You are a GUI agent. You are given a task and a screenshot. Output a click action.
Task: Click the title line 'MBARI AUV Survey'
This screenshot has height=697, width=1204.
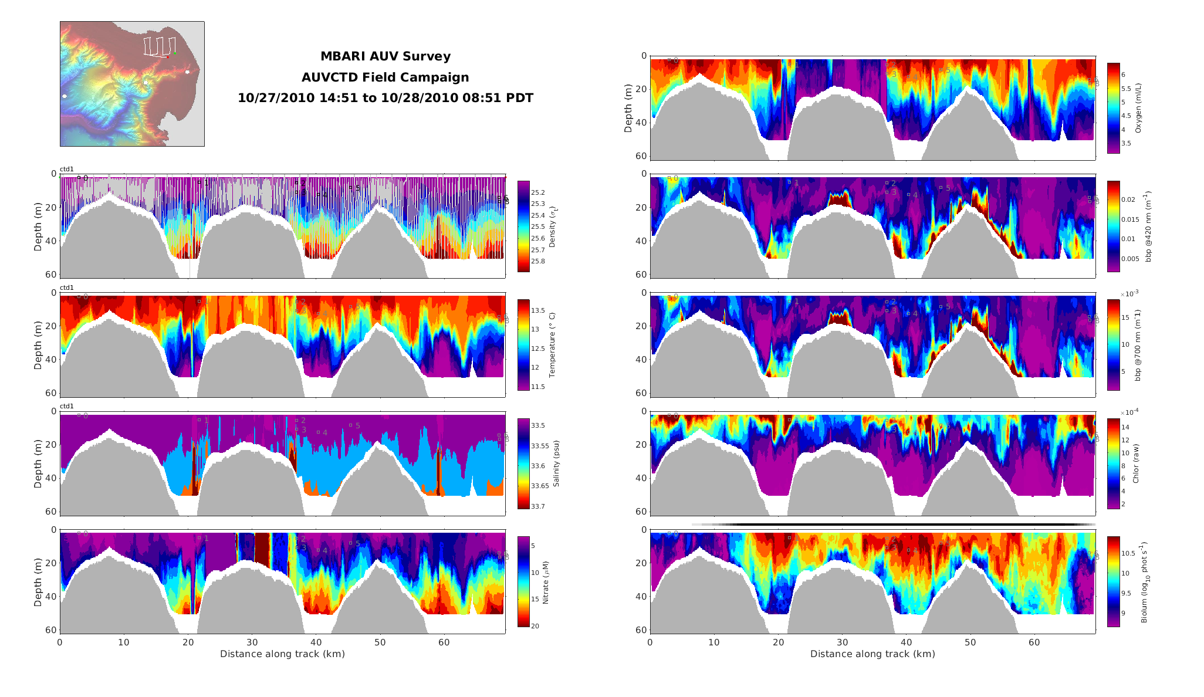click(x=385, y=56)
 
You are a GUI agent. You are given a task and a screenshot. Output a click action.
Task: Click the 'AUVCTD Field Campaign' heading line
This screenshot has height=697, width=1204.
click(x=385, y=77)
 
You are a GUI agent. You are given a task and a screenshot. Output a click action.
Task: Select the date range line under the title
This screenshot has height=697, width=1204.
click(x=385, y=98)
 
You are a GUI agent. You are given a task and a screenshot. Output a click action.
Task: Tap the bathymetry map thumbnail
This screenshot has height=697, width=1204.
click(x=132, y=84)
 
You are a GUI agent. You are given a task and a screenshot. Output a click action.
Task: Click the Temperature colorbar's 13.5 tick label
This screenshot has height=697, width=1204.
click(x=538, y=310)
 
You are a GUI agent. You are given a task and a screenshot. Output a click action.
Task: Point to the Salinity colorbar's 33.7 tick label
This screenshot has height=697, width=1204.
click(x=538, y=506)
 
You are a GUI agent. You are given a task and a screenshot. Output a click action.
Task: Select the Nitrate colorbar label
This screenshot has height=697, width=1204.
click(x=545, y=582)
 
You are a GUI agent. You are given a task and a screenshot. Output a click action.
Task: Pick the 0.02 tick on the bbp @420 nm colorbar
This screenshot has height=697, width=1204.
click(x=1128, y=199)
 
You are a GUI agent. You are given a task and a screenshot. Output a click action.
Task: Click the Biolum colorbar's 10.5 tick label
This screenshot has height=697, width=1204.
click(x=1128, y=553)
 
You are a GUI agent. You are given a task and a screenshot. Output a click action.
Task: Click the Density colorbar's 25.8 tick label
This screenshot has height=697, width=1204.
click(x=538, y=261)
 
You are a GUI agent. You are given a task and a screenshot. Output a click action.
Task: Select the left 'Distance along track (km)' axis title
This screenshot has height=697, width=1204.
click(x=282, y=654)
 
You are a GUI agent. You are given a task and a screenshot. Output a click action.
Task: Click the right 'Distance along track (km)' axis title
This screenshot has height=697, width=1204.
click(x=872, y=654)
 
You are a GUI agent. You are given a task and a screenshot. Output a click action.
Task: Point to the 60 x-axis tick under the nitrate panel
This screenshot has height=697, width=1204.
click(x=444, y=642)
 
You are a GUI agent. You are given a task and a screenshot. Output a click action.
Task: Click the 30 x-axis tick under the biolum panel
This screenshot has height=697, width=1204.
click(x=842, y=642)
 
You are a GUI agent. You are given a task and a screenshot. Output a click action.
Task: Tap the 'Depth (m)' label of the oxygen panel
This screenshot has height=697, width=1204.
click(x=628, y=108)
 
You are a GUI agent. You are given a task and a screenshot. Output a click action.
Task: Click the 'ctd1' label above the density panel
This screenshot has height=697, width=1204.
click(x=67, y=170)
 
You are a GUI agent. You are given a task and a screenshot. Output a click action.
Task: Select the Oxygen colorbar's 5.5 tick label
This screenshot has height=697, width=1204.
click(x=1126, y=89)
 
